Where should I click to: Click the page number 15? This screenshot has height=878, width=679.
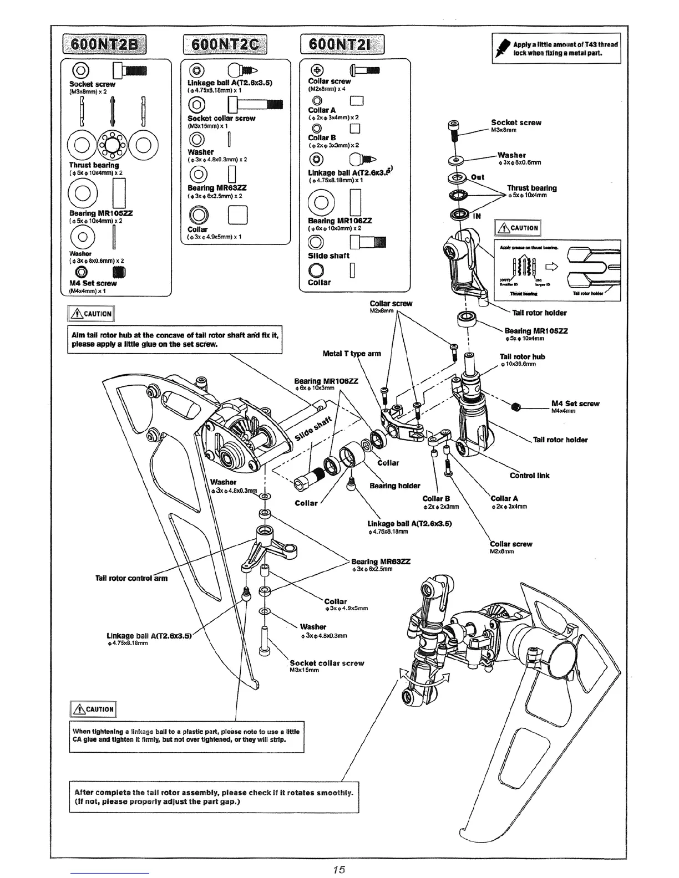pos(339,869)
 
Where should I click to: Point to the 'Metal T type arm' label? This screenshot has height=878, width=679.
pos(352,353)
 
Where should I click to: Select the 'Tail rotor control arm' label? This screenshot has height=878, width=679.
pos(131,578)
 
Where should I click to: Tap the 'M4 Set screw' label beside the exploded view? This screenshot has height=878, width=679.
pos(575,404)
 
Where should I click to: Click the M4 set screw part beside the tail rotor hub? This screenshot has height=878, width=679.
pos(516,407)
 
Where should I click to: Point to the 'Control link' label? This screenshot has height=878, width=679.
pos(529,475)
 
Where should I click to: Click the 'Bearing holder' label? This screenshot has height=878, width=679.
pos(395,486)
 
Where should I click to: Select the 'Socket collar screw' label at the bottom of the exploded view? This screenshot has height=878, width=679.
pos(327,663)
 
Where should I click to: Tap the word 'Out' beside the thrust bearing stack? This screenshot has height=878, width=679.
pos(477,177)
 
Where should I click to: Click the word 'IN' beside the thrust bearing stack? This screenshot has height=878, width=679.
pos(477,216)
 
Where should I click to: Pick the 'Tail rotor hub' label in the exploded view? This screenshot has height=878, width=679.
pos(522,357)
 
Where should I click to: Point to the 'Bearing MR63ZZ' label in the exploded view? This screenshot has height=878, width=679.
pos(381,561)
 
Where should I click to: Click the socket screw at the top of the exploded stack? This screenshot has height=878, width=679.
pos(453,127)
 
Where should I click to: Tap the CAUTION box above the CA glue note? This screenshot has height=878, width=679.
pos(93,709)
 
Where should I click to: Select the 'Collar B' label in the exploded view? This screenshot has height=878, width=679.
pos(432,498)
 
